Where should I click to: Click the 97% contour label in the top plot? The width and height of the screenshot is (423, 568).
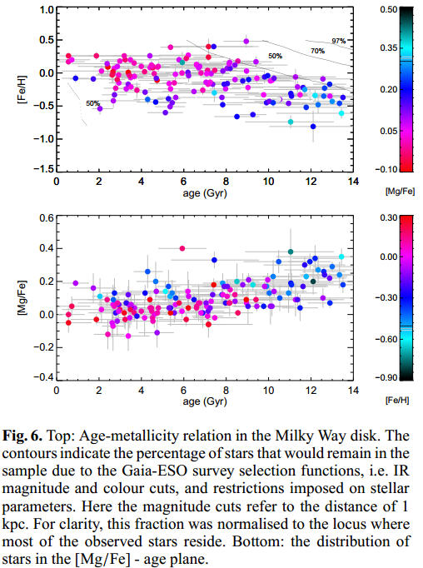[x=338, y=41]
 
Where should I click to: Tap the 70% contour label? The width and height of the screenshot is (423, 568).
[x=317, y=51]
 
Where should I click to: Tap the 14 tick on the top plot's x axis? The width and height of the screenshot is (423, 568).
[x=353, y=181]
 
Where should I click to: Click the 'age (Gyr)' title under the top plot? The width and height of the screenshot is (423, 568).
[x=203, y=192]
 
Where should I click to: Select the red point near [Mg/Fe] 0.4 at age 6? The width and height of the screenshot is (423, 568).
[x=182, y=247]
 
